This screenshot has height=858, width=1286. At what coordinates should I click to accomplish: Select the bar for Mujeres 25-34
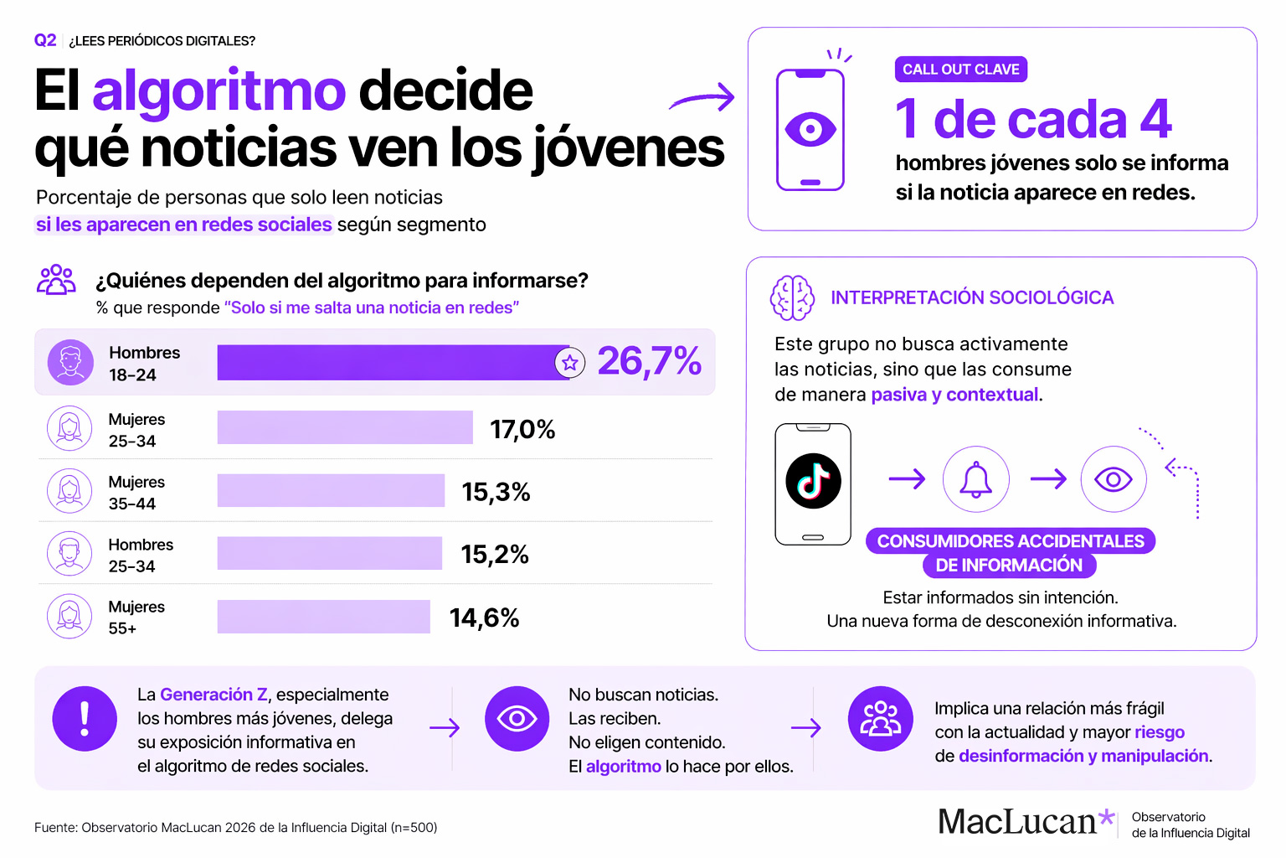[345, 427]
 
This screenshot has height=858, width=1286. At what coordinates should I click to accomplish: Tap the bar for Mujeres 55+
[323, 617]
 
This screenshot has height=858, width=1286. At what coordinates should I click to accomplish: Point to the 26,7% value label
[649, 362]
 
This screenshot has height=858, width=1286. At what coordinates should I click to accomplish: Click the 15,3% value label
[496, 492]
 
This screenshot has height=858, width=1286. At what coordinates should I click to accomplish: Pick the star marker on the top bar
[570, 363]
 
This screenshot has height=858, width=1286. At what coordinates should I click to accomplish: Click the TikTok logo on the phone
[813, 481]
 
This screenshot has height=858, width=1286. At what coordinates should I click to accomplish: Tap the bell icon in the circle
[975, 479]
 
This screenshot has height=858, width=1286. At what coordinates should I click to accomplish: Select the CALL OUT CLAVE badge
[960, 70]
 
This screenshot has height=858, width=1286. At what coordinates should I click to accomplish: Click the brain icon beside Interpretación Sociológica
[791, 298]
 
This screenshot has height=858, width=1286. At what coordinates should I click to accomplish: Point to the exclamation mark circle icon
[85, 718]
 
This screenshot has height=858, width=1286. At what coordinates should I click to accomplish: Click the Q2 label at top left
[45, 40]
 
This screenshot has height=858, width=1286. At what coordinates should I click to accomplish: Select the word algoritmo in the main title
[219, 90]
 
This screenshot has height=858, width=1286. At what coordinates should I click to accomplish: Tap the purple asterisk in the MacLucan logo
[1107, 818]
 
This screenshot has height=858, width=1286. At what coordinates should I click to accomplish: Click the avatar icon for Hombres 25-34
[69, 554]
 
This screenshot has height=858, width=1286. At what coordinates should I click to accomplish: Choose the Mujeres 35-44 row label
[136, 493]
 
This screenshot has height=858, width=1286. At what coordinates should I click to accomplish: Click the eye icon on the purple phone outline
[810, 130]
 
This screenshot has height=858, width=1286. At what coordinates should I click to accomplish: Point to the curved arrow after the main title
[703, 98]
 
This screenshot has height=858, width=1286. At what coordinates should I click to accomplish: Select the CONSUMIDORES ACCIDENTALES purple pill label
[1011, 541]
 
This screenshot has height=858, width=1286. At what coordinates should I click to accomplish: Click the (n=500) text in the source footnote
[414, 828]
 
